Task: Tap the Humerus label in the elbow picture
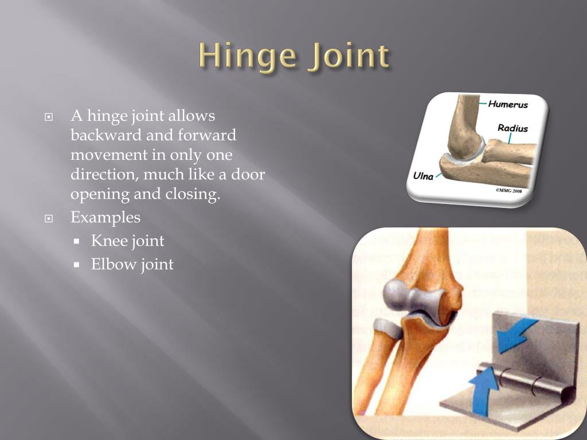[508, 105]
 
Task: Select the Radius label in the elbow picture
[512, 128]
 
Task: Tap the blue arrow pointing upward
[484, 390]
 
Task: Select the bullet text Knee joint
[127, 241]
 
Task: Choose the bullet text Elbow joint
[132, 264]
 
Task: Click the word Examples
[105, 218]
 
